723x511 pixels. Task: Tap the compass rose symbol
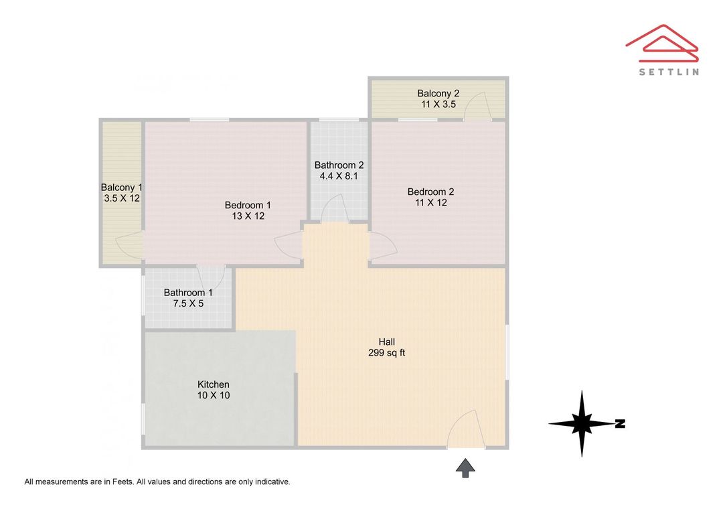[x=582, y=423]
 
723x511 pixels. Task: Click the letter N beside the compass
[x=620, y=423]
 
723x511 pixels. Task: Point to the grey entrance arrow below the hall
[x=465, y=467]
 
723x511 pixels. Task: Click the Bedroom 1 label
[x=248, y=205]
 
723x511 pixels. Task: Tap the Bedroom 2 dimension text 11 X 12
[x=430, y=202]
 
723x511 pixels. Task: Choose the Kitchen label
[x=214, y=384]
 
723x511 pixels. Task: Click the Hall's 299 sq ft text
[x=386, y=353]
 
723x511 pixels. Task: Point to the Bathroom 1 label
[x=188, y=293]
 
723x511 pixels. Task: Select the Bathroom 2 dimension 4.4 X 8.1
[x=340, y=176]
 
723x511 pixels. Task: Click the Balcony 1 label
[x=122, y=188]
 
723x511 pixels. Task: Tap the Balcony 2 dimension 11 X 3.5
[x=438, y=104]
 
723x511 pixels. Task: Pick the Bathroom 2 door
[x=335, y=209]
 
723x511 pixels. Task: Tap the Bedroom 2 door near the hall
[x=382, y=246]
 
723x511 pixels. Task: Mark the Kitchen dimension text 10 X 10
[x=214, y=395]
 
